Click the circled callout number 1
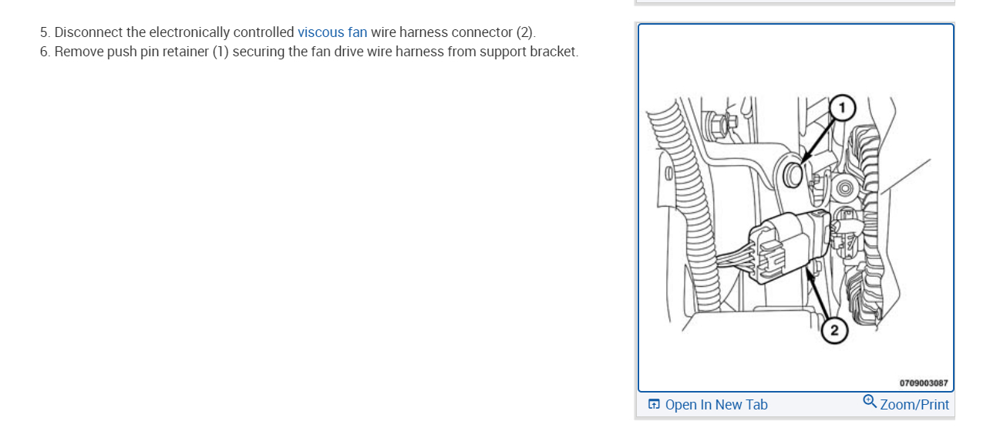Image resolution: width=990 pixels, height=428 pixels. click(x=843, y=108)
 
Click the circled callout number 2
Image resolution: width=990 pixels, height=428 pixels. click(x=834, y=331)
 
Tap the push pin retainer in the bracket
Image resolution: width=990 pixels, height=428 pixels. click(x=793, y=174)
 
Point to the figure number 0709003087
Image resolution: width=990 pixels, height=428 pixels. click(x=924, y=383)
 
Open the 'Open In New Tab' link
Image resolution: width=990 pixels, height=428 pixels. click(x=716, y=405)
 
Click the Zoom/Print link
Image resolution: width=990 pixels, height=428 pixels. click(x=914, y=405)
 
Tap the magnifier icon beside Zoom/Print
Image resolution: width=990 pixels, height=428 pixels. click(x=870, y=403)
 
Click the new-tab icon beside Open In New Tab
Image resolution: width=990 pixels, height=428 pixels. click(x=654, y=405)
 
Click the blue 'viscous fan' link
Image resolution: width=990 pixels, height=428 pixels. click(x=332, y=32)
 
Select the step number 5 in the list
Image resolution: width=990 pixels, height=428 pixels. click(x=44, y=32)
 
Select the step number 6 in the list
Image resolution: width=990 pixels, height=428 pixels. click(x=44, y=52)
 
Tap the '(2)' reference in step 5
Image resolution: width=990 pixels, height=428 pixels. click(x=524, y=32)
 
